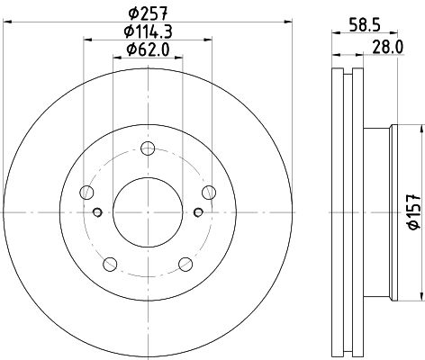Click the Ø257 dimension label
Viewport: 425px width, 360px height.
pyautogui.click(x=148, y=13)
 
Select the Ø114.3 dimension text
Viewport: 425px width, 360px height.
pyautogui.click(x=148, y=31)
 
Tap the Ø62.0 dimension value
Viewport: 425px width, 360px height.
pyautogui.click(x=148, y=49)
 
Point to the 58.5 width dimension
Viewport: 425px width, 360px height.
pyautogui.click(x=365, y=25)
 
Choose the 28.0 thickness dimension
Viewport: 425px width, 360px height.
pyautogui.click(x=388, y=47)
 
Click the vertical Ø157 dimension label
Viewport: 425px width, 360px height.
pyautogui.click(x=414, y=211)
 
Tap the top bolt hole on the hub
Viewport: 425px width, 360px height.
pyautogui.click(x=148, y=148)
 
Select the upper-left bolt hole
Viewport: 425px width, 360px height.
pyautogui.click(x=86, y=193)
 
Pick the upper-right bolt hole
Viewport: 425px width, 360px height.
pyautogui.click(x=209, y=193)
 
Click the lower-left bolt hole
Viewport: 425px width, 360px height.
pyautogui.click(x=110, y=265)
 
